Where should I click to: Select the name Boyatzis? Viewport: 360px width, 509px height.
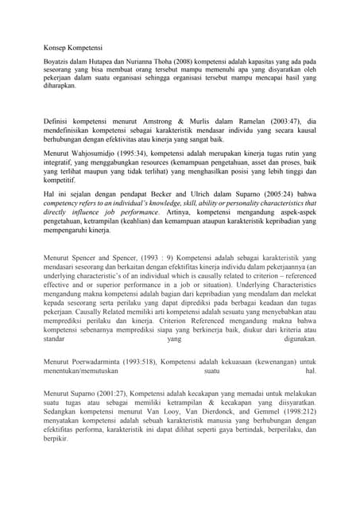tap(58, 61)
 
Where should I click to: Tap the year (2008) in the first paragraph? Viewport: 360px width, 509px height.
tap(176, 61)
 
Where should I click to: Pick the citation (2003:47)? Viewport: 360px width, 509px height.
tap(281, 119)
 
